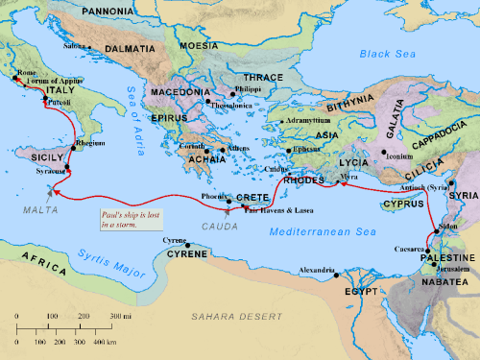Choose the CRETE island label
pos(252,197)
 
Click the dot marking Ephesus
pos(289,151)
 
